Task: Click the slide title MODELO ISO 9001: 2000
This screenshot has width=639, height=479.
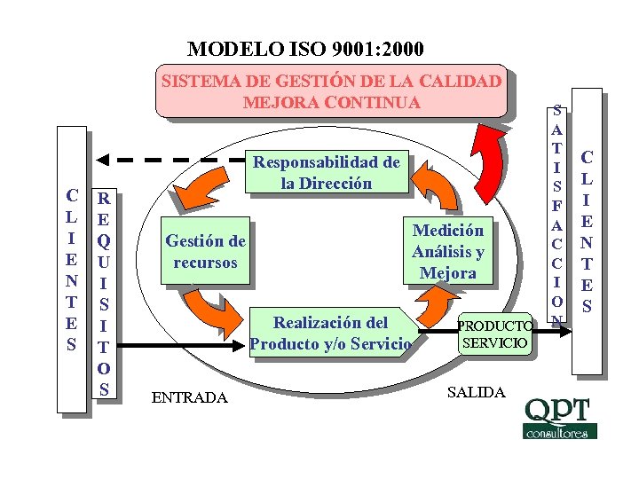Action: tap(305, 48)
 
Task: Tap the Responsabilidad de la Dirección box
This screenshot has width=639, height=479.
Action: tap(327, 172)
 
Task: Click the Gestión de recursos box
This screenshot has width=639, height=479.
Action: tap(205, 251)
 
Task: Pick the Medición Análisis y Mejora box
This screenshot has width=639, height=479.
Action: tap(447, 251)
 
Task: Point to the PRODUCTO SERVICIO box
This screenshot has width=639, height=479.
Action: tap(495, 333)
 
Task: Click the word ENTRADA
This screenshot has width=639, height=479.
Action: tap(190, 397)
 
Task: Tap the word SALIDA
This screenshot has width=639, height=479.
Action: tap(477, 391)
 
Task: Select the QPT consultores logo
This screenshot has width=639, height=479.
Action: tap(560, 418)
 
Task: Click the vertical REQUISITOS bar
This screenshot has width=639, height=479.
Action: tap(105, 292)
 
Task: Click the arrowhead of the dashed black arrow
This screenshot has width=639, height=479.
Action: tap(103, 161)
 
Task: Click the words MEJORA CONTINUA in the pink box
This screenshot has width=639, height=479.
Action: tap(332, 102)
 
